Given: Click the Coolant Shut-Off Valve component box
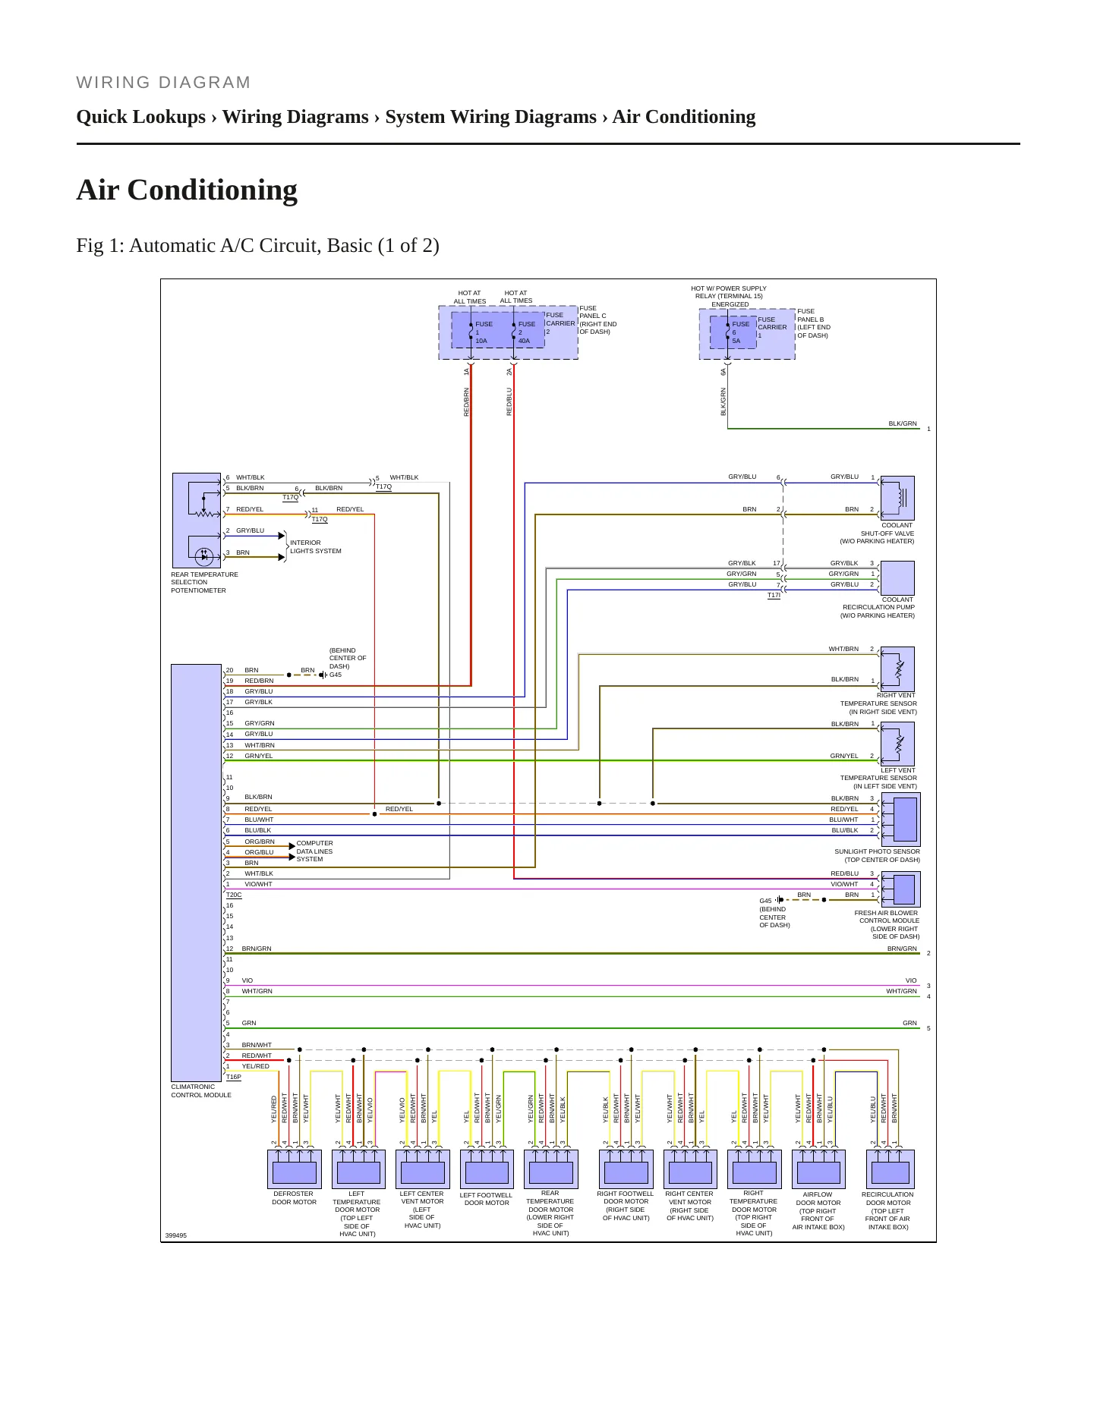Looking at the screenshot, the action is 897,498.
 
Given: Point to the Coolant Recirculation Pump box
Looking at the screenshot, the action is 897,578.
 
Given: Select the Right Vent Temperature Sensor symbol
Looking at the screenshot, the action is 897,669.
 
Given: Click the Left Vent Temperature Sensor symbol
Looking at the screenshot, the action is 897,744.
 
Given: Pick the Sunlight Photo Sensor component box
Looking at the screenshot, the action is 900,820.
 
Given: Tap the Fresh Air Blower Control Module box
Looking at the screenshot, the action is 900,889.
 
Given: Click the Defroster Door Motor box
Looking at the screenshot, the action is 294,1169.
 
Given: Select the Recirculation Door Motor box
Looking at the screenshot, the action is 890,1169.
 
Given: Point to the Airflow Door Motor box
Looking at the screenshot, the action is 818,1169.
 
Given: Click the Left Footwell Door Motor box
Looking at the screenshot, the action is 487,1169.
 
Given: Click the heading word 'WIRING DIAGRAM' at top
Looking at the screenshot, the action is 163,83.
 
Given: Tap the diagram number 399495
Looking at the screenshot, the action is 176,1235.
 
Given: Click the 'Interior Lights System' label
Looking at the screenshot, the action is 316,547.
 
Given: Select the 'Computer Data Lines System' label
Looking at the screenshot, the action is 315,851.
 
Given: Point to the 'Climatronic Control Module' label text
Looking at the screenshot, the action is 201,1091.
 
